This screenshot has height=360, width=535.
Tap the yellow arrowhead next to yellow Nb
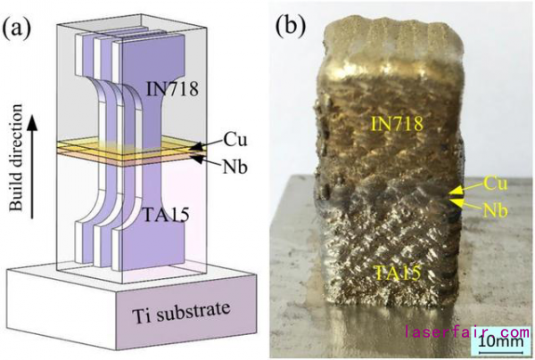(x=457, y=203)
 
